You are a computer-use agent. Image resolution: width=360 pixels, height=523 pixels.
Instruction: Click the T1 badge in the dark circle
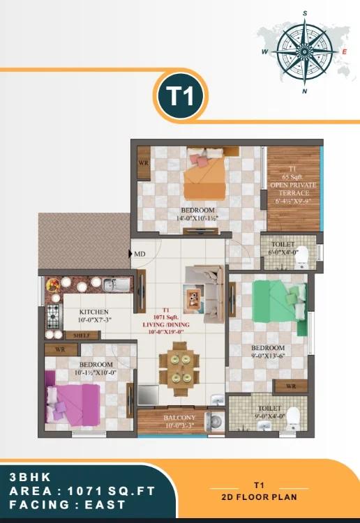(180, 97)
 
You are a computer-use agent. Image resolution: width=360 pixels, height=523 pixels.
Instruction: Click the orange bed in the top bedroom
(204, 179)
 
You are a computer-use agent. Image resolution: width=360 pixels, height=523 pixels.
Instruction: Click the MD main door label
(140, 254)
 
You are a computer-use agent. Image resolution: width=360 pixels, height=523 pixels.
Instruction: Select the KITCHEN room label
(93, 312)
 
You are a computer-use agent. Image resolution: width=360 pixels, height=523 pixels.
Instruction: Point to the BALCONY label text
(179, 418)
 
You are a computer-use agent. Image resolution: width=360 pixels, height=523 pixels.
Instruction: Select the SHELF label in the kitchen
(82, 335)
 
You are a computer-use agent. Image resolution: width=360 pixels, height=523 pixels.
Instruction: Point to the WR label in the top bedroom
(142, 164)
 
